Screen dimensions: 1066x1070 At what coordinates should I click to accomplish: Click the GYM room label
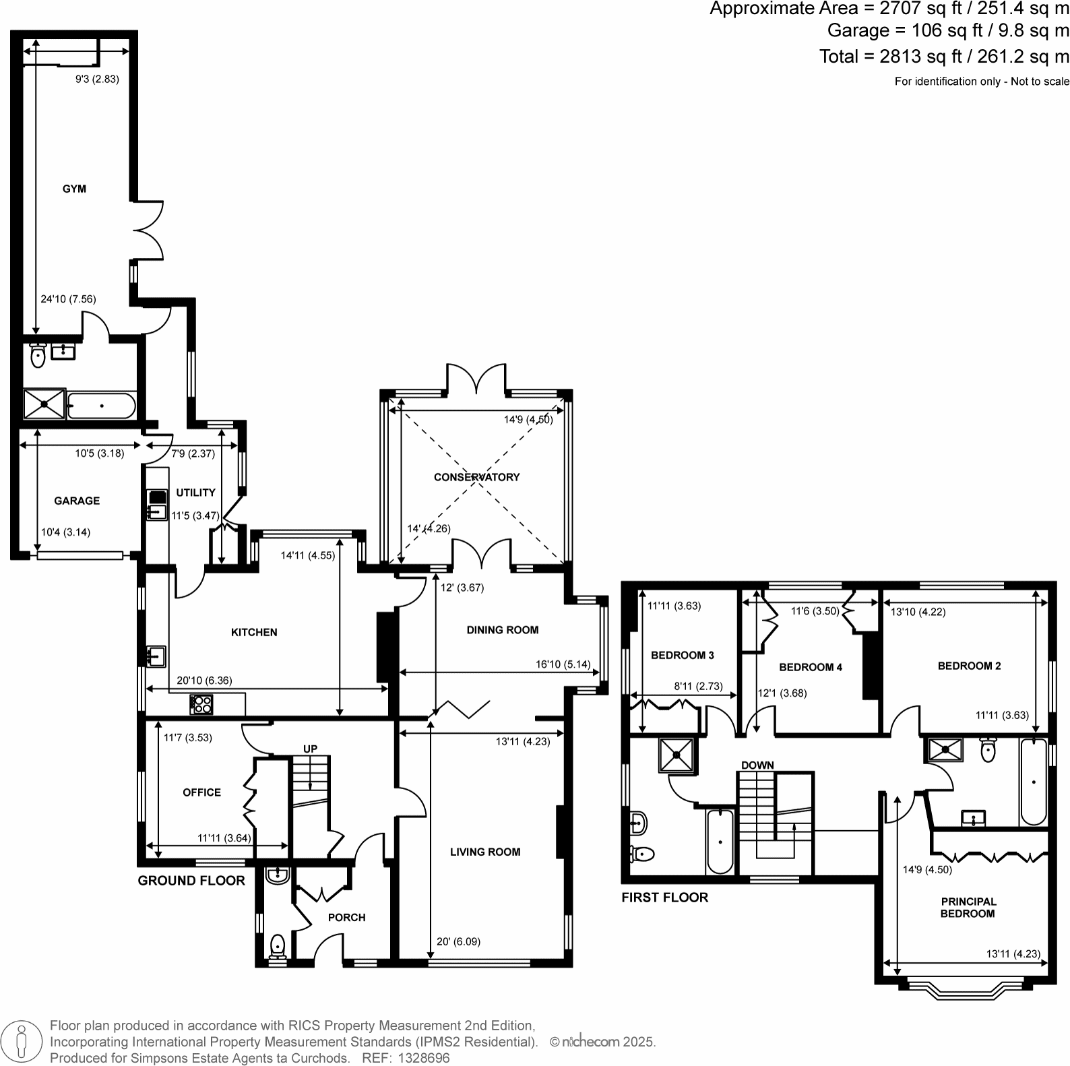(x=74, y=189)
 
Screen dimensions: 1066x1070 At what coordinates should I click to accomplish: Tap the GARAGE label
(x=77, y=501)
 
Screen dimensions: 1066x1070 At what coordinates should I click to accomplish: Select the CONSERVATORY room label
(x=476, y=477)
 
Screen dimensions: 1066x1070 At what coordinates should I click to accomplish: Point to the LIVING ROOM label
(x=485, y=852)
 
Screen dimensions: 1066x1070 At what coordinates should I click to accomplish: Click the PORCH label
(x=346, y=917)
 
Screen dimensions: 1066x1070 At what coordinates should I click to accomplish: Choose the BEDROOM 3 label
(x=682, y=655)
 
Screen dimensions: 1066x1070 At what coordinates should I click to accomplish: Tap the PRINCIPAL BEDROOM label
(x=968, y=908)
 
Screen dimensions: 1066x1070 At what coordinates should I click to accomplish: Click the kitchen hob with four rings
(x=201, y=704)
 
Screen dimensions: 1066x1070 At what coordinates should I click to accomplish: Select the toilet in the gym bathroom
(x=38, y=356)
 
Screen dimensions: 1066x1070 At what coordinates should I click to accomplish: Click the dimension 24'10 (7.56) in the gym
(x=68, y=299)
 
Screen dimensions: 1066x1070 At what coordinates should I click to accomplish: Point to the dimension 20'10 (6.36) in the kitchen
(x=204, y=681)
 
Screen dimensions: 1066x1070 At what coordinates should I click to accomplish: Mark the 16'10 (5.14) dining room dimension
(x=563, y=664)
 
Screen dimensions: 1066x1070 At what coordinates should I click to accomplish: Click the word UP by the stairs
(x=310, y=749)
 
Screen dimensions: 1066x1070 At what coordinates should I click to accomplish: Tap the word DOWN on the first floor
(x=757, y=765)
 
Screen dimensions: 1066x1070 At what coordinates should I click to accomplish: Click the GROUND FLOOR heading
(x=191, y=881)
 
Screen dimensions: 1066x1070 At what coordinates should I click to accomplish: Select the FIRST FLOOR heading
(x=664, y=898)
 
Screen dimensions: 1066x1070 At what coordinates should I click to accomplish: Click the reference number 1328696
(x=424, y=1058)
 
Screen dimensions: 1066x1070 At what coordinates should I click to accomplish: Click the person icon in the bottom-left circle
(x=22, y=1041)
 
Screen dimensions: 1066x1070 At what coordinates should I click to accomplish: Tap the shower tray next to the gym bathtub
(x=44, y=404)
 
